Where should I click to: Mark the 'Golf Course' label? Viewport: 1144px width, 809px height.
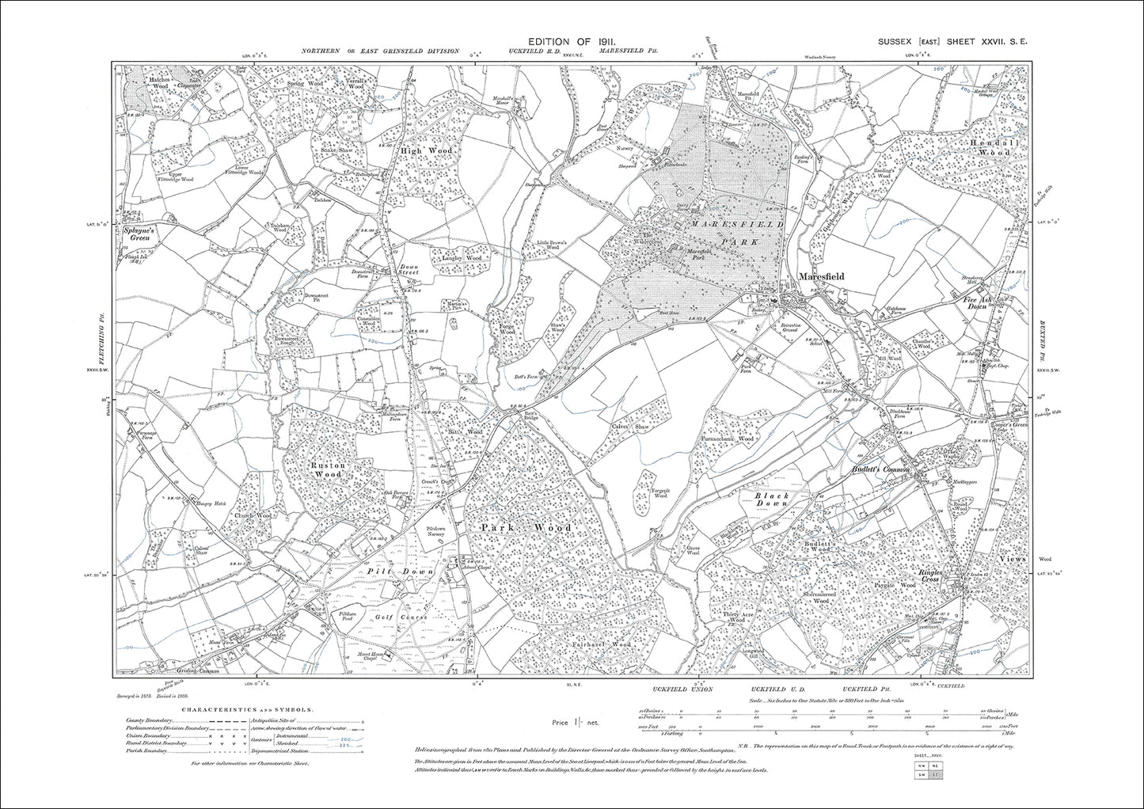[x=407, y=617]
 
